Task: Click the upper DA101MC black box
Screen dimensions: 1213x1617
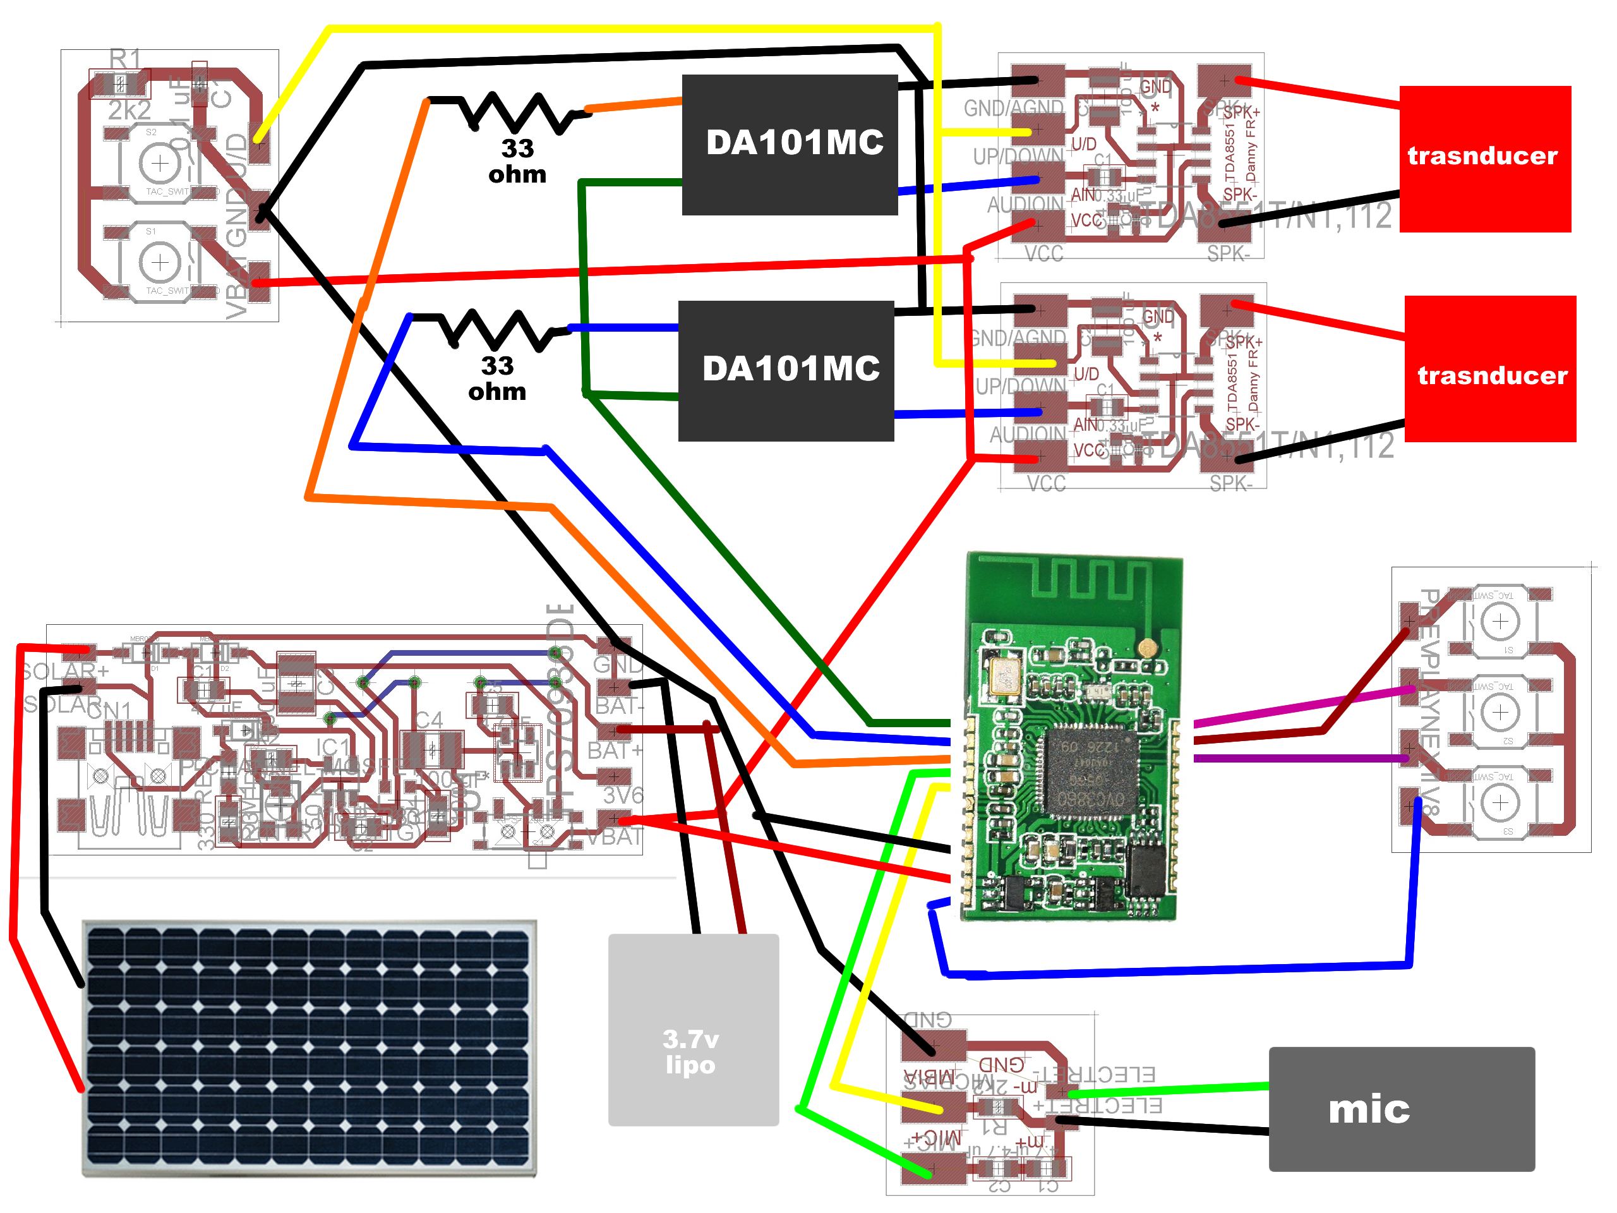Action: (x=790, y=145)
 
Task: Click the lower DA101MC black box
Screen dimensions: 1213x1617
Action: (x=786, y=371)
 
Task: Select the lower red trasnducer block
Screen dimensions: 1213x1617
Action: (x=1490, y=368)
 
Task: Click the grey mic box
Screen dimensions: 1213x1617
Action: (x=1400, y=1109)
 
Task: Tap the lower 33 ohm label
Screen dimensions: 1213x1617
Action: (x=497, y=378)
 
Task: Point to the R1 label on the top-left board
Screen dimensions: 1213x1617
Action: (x=125, y=59)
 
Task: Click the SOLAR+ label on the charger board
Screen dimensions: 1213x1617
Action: (x=66, y=671)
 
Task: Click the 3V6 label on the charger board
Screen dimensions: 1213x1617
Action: (x=623, y=795)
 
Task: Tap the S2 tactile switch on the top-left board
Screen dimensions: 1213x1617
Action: (x=159, y=163)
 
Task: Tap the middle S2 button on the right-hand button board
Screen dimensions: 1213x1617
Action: (x=1500, y=712)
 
